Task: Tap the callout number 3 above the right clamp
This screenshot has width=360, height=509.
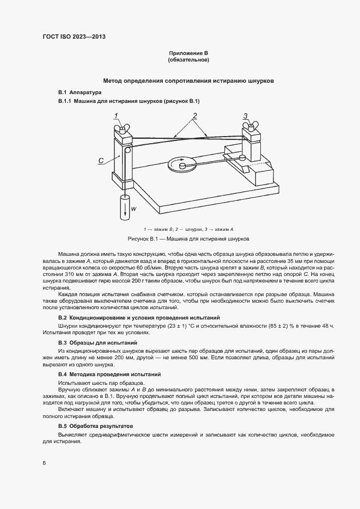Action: (x=246, y=115)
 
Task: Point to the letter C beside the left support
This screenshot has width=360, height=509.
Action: (x=101, y=160)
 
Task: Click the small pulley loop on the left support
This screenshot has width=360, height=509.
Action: (x=128, y=151)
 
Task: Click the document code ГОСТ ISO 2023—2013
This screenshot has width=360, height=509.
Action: (x=74, y=36)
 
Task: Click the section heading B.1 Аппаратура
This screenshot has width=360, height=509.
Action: (x=80, y=93)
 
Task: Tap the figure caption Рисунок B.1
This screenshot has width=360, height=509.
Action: (x=188, y=239)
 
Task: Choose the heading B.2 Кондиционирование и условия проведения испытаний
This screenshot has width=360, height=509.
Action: (x=139, y=317)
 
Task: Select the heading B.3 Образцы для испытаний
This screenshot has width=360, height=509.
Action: (x=97, y=342)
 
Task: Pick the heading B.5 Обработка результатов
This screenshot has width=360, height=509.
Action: (x=99, y=425)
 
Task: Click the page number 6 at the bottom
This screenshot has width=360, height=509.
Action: (x=44, y=463)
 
